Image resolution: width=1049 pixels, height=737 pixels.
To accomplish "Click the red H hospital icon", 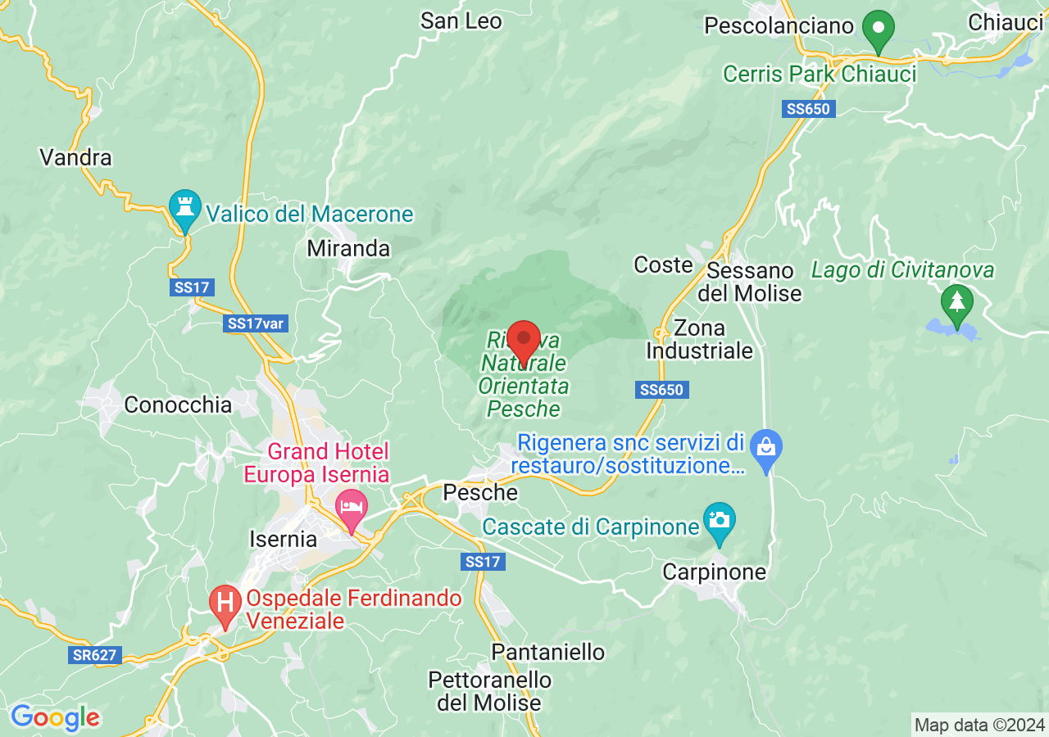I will coord(225,604).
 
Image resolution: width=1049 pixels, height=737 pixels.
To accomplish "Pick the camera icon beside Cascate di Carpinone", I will coord(720,521).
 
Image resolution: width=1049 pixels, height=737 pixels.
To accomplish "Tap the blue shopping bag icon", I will coord(766,448).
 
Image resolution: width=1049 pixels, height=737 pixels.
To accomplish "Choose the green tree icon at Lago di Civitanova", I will coord(956,302).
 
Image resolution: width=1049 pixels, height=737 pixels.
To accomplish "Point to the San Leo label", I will coord(461,20).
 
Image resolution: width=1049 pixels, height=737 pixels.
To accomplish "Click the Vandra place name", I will coord(75,157).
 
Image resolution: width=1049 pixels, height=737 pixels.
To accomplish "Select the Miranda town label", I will coord(348,248).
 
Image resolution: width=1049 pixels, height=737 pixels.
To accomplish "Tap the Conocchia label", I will coord(178,405).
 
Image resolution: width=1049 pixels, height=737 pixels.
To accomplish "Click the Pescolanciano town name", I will coord(779,25).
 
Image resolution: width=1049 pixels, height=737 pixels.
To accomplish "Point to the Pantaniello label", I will coord(547,652).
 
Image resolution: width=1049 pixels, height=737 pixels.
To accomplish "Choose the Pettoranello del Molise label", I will coord(489,691).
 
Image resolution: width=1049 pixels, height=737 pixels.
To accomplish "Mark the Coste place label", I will coord(664,265).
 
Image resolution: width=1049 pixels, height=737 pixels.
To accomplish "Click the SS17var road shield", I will coord(256,323).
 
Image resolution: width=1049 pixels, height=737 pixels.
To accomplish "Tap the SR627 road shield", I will coord(95,655).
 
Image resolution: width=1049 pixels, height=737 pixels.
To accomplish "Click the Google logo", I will coord(55,717).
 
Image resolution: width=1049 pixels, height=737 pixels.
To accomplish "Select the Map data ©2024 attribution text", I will coord(979,725).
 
